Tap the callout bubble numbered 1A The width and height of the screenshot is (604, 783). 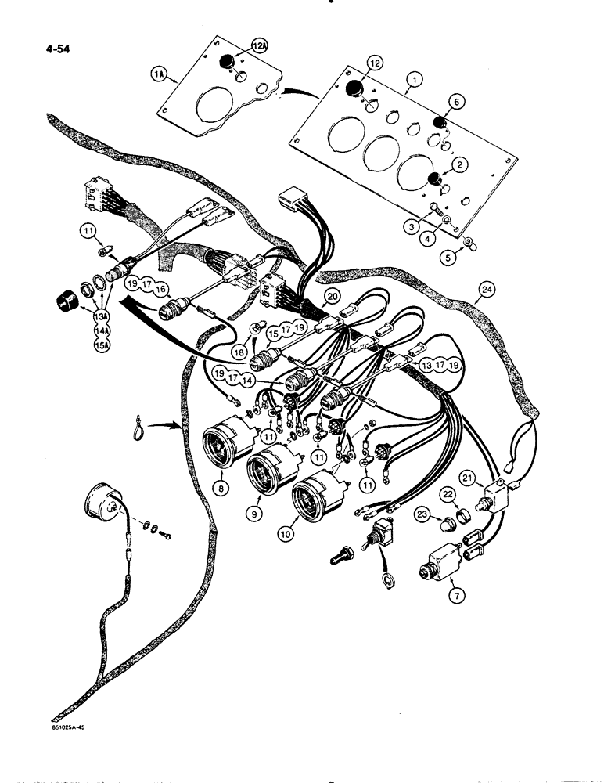pyautogui.click(x=156, y=76)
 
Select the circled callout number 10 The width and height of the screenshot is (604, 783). pyautogui.click(x=303, y=539)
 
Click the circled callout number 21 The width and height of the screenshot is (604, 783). pyautogui.click(x=488, y=478)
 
